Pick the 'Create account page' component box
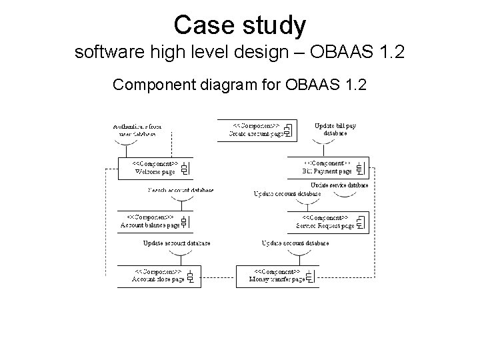[x=257, y=130]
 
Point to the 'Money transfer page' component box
[x=277, y=276]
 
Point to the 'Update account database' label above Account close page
[x=176, y=243]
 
